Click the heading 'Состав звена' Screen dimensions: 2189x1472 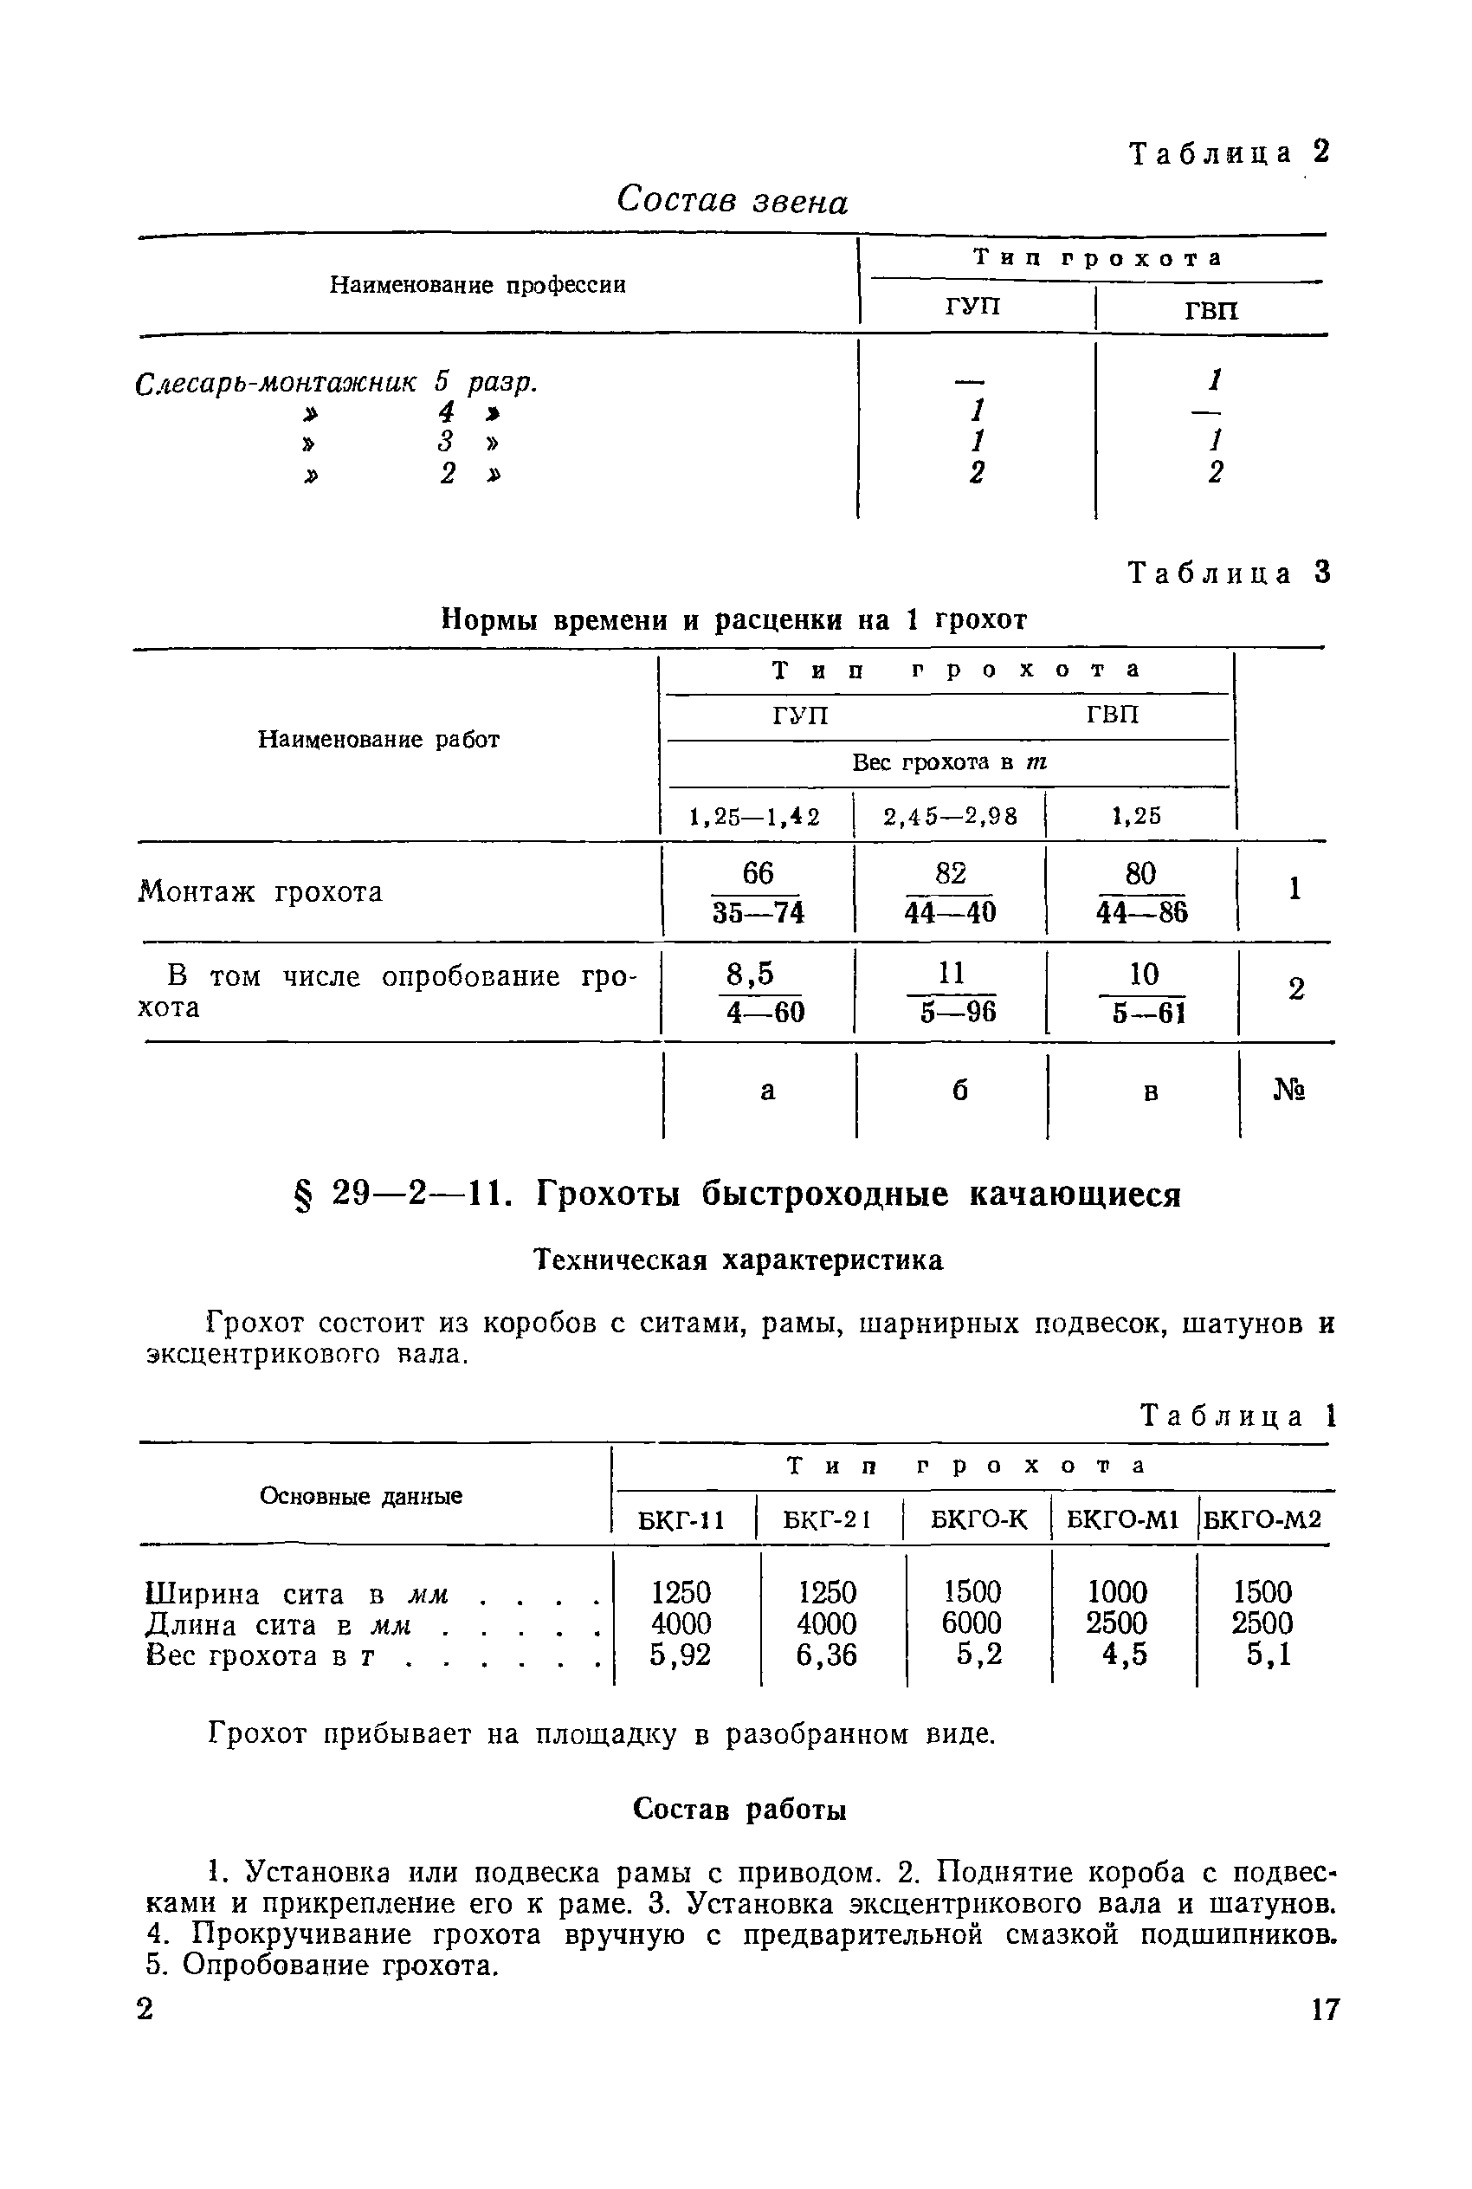733,200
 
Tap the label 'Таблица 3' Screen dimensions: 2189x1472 1229,573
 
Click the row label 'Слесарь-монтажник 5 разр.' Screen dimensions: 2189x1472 337,382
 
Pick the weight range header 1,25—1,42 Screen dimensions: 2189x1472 755,816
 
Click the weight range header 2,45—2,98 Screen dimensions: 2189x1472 950,816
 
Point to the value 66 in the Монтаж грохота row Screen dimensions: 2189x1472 758,873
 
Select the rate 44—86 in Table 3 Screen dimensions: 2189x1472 1141,912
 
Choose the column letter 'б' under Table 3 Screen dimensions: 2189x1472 959,1091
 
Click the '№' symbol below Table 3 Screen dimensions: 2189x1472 1289,1091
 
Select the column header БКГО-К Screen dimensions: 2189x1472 978,1519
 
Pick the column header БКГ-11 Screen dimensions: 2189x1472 681,1519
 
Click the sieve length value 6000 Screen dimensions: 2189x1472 972,1622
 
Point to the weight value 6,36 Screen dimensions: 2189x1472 826,1654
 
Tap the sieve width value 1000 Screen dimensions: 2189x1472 1117,1592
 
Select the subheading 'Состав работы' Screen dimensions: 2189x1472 739,1809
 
